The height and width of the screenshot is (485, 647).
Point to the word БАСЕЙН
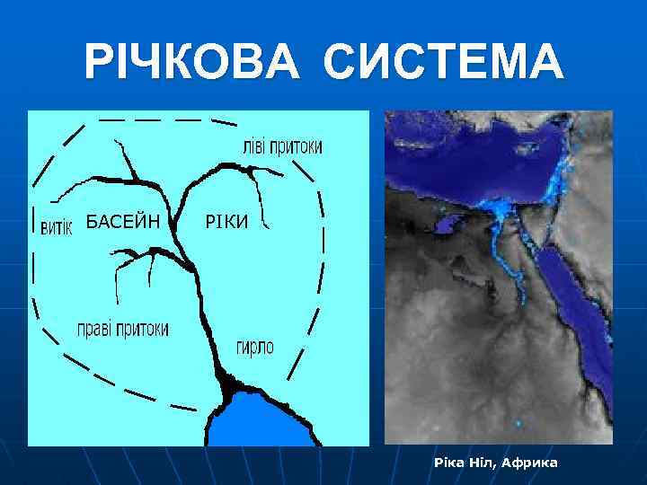123,221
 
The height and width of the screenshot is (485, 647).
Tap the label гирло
255,347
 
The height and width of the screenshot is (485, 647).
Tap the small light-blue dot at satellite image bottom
518,422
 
